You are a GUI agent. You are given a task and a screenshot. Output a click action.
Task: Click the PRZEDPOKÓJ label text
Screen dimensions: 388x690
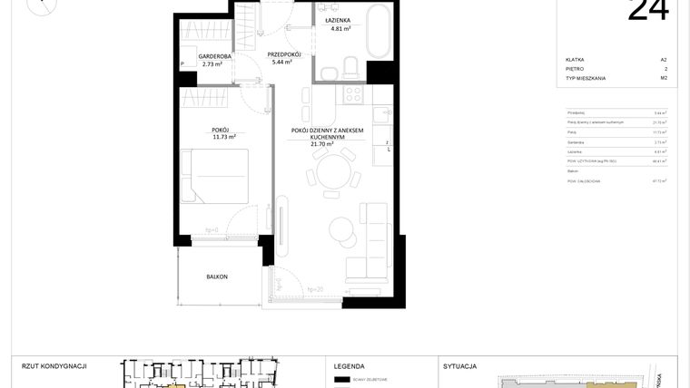[x=284, y=54]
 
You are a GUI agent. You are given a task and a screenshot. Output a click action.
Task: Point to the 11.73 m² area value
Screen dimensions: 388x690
[x=224, y=137]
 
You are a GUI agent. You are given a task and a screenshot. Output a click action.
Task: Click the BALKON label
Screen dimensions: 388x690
[x=216, y=276]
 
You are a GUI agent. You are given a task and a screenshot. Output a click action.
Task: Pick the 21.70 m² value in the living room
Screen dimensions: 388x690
[x=326, y=143]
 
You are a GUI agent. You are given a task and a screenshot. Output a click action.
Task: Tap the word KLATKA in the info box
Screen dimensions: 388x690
[x=574, y=59]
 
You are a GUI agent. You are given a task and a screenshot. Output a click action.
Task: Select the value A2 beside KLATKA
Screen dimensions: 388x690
[x=664, y=59]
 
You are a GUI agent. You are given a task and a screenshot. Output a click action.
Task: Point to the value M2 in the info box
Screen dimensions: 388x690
[x=664, y=78]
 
